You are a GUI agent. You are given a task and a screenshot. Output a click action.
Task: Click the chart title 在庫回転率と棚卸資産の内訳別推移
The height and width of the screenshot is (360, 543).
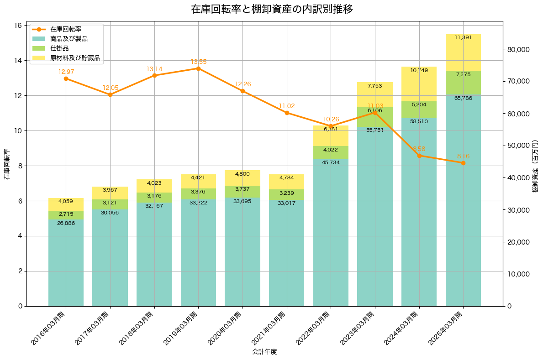coord(271,9)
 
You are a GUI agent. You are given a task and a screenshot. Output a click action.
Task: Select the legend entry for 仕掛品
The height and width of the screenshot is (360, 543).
coord(59,48)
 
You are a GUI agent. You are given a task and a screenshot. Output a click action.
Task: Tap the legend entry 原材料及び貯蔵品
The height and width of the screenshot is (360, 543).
coord(75,58)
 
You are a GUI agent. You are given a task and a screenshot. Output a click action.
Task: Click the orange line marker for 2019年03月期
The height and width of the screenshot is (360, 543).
coord(198,68)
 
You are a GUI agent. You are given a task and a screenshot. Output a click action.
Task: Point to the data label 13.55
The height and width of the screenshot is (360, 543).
coord(198,62)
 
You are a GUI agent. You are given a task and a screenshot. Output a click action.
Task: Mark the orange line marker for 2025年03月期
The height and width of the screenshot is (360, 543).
coord(463,163)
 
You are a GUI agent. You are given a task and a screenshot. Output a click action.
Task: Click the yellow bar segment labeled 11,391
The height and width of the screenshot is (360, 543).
coord(463,52)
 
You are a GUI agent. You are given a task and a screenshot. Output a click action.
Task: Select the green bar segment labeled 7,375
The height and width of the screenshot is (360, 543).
coord(463,83)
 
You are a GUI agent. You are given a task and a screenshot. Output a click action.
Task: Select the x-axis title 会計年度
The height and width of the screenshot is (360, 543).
coord(264,352)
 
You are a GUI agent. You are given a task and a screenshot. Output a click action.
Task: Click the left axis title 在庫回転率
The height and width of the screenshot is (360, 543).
coord(6,164)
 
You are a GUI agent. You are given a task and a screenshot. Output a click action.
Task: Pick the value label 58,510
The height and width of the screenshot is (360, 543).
coord(419,122)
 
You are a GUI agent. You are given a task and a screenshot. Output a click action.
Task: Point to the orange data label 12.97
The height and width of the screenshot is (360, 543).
coord(66,72)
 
